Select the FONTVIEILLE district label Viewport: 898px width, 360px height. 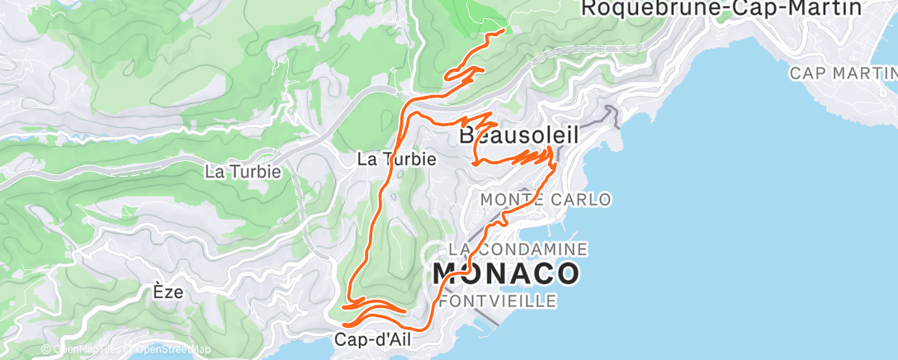[x=498, y=301]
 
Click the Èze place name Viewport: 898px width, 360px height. [x=168, y=291]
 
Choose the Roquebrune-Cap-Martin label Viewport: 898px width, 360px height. [x=721, y=8]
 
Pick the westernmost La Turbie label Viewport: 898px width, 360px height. [x=243, y=172]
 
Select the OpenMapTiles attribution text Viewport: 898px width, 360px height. [x=87, y=350]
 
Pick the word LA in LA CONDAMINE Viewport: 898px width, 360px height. [x=459, y=249]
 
